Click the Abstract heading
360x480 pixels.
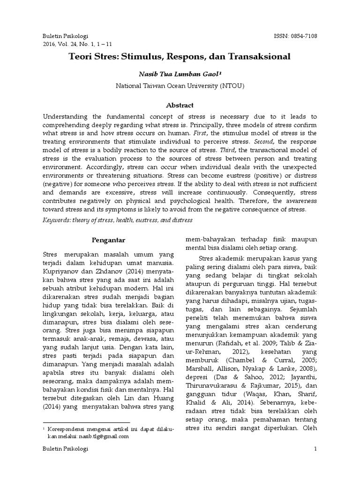(180, 105)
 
